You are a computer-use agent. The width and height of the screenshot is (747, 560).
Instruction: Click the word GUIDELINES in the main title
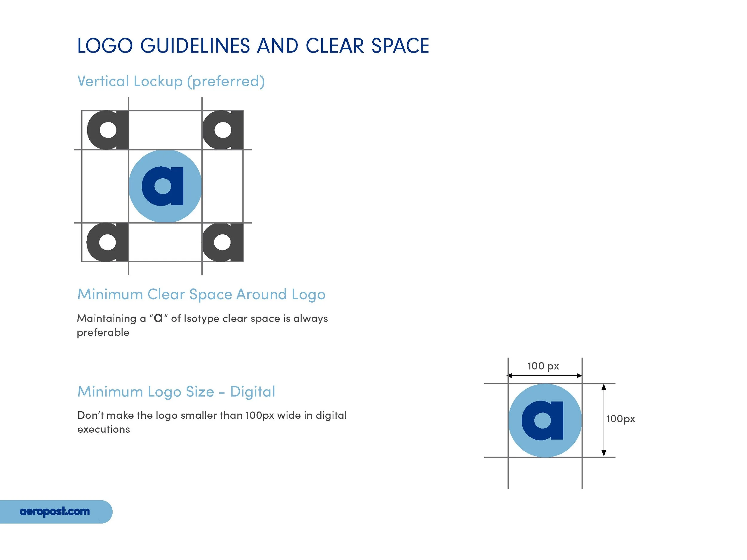point(195,46)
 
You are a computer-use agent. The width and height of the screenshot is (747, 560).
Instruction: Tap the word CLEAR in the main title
point(335,46)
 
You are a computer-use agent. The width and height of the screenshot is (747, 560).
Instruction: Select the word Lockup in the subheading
point(158,81)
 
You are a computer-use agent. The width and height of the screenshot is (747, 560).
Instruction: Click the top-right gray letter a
point(223,130)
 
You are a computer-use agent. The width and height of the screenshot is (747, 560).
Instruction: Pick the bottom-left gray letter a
point(107,242)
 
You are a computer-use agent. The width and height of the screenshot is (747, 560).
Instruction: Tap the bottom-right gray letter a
point(222,242)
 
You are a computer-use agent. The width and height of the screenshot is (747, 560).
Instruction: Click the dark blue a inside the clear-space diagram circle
point(163,186)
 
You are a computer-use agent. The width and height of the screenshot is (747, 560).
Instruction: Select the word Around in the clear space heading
point(261,294)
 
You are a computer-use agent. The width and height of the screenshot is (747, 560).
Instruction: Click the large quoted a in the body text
point(158,318)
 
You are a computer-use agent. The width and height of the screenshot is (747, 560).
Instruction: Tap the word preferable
point(103,332)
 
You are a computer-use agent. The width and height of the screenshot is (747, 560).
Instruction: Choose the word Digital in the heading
point(252,392)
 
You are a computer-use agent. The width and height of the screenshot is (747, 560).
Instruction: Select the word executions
point(103,429)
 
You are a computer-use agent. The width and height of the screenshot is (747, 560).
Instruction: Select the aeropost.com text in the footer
point(55,511)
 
